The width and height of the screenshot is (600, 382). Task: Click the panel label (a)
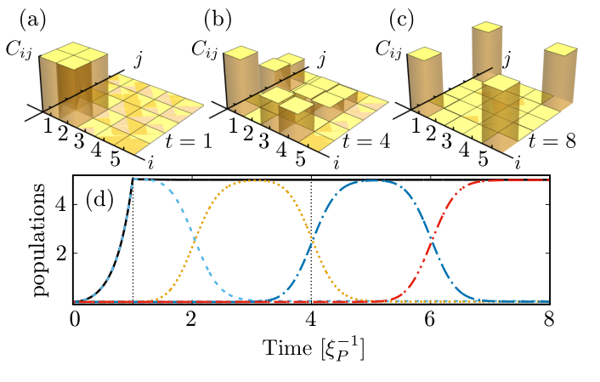pos(32,20)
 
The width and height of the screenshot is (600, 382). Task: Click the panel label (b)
pos(218,20)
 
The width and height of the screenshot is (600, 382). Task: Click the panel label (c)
pos(402,20)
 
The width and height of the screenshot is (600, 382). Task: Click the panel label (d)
pos(99,200)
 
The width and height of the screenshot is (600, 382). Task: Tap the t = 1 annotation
pos(189,141)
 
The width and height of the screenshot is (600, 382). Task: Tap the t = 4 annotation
pos(366,141)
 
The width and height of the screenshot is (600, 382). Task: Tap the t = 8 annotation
pos(552,141)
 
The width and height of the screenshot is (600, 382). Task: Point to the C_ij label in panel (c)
pos(388,50)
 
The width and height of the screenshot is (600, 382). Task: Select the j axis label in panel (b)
pos(322,60)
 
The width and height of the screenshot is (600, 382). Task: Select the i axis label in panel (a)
pos(150,162)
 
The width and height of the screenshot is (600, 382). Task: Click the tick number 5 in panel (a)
pos(115,158)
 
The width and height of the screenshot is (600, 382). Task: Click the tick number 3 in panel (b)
pos(263,141)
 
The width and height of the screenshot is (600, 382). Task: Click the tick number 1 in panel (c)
pos(416,125)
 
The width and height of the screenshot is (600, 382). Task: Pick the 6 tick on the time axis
pos(430,320)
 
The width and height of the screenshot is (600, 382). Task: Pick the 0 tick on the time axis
pos(75,320)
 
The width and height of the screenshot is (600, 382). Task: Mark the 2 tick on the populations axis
pos(61,253)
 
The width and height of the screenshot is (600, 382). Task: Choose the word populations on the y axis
pos(41,239)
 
